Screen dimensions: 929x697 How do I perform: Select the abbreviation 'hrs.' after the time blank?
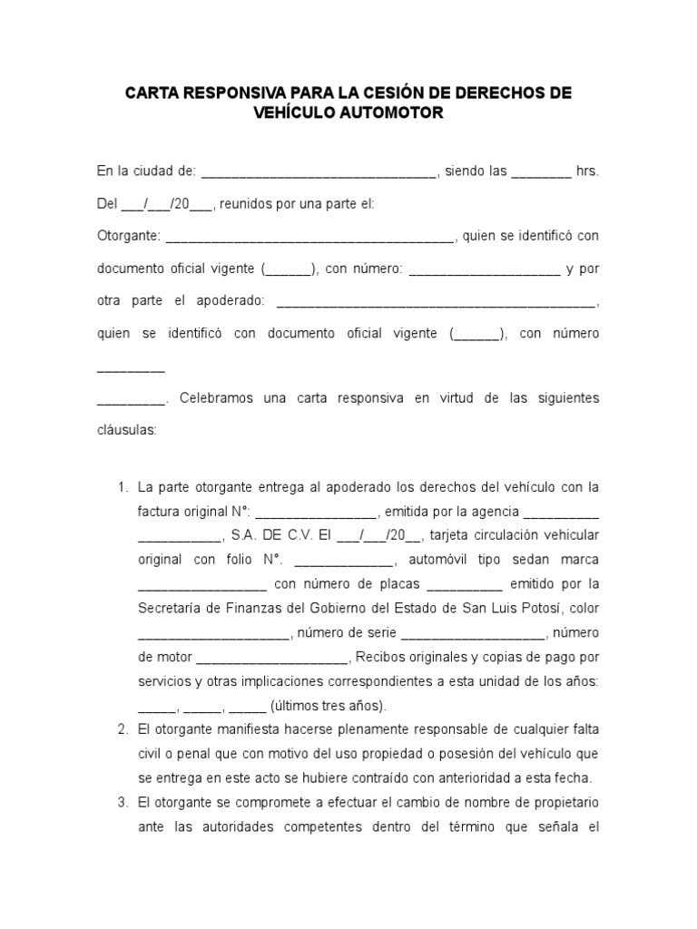click(x=587, y=171)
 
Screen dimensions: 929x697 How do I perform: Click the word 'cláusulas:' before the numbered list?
click(x=127, y=430)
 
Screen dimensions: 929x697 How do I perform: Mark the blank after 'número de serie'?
click(x=472, y=633)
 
